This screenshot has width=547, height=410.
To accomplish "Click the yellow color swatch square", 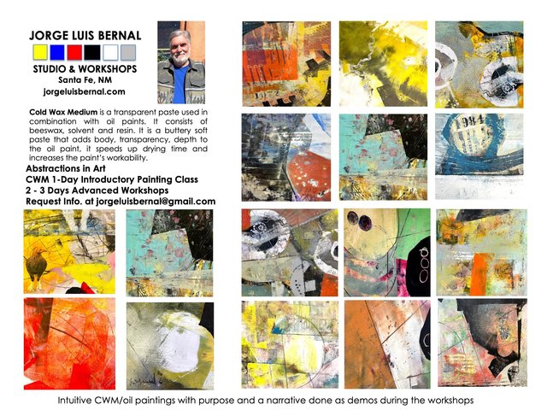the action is click(x=40, y=52).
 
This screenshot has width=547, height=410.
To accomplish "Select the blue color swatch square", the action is click(x=57, y=52).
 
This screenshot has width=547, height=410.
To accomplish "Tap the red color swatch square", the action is click(x=74, y=52).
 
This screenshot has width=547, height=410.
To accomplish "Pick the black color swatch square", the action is click(x=92, y=52).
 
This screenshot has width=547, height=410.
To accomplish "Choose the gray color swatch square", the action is click(x=128, y=52).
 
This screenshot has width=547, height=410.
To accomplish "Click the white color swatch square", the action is click(x=110, y=52).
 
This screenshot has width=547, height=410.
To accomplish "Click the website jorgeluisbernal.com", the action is click(x=84, y=91).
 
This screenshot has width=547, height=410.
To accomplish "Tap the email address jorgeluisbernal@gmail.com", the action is click(x=156, y=202).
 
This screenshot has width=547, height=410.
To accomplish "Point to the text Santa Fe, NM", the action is click(x=85, y=79).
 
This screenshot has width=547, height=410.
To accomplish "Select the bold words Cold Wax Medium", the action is click(x=63, y=112).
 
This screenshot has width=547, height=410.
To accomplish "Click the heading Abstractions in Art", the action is click(x=66, y=169).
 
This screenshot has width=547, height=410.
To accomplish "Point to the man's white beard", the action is click(x=180, y=58).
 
